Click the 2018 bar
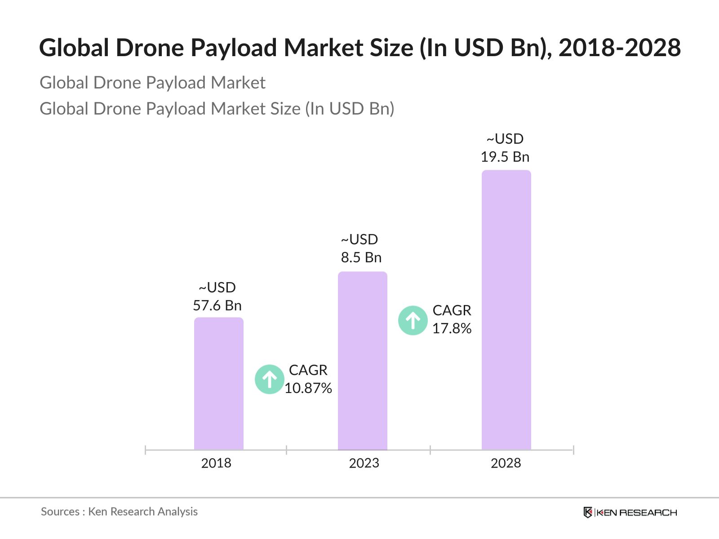point(218,384)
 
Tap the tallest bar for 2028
point(506,310)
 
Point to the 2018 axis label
point(216,463)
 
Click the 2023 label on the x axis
point(364,463)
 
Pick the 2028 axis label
point(506,463)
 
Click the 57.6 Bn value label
point(217,305)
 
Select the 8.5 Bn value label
point(361,257)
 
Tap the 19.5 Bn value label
point(505,157)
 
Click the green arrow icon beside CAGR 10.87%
point(269,380)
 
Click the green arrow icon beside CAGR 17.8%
point(413,321)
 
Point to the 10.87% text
point(308,388)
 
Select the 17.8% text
point(452,328)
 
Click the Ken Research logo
point(630,512)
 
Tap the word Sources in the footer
point(60,512)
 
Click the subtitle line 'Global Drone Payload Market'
point(152,83)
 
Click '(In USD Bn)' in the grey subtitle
point(350,109)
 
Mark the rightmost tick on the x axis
point(573,450)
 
